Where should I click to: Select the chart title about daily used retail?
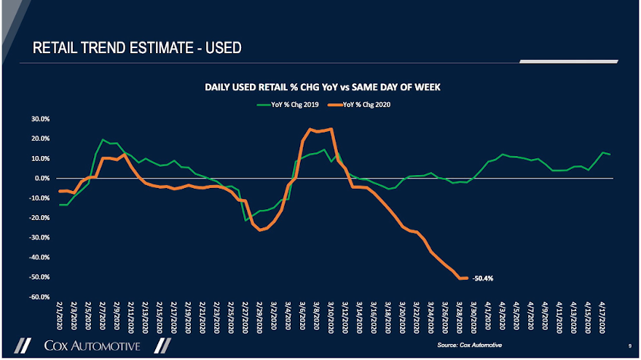[x=322, y=87]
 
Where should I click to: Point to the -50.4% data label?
[x=483, y=278]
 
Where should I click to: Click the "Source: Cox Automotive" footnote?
[x=470, y=344]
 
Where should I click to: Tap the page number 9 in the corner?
[x=628, y=345]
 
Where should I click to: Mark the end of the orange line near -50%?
[x=465, y=278]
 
